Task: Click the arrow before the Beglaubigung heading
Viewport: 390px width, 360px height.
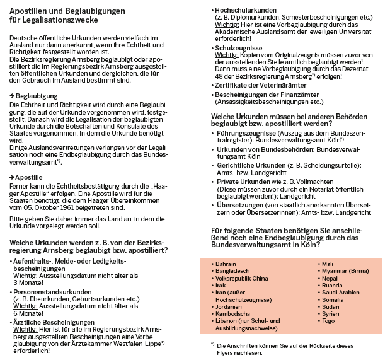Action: (12, 95)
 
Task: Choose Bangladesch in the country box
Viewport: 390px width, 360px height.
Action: (232, 271)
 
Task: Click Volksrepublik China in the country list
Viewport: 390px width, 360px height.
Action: (242, 278)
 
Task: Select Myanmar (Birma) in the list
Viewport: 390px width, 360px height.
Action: (342, 271)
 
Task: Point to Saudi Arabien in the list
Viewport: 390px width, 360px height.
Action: (340, 293)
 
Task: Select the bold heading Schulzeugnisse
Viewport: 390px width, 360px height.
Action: (239, 47)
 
